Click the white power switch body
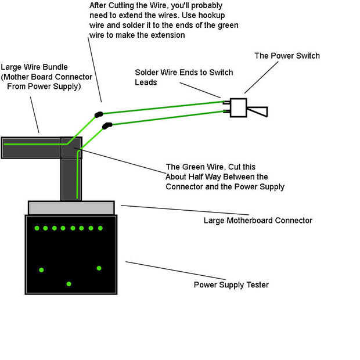239,107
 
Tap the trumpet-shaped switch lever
259,111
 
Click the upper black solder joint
99,114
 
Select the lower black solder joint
106,125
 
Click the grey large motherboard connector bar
71,207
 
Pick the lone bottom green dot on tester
69,284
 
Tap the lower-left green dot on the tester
41,270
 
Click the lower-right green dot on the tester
99,268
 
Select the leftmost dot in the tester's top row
36,228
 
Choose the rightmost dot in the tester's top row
100,228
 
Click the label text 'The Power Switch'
287,56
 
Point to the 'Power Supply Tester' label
231,285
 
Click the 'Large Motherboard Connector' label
258,220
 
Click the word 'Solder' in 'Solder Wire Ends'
147,73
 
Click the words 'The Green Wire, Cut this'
210,166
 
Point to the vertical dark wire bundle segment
71,177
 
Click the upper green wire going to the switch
163,107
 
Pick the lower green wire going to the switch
168,118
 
